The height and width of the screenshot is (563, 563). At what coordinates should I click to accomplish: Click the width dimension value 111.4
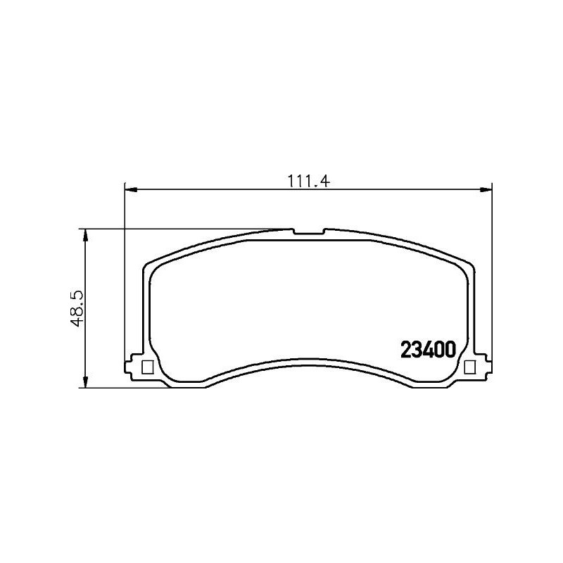308,180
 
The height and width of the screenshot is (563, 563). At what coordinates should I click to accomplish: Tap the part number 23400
429,350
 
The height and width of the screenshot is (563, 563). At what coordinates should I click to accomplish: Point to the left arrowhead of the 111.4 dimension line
130,189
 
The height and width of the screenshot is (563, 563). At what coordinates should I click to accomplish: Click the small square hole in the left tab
148,367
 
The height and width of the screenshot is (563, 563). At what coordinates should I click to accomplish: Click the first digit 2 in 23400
406,350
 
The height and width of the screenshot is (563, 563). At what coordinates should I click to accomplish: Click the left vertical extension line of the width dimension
125,281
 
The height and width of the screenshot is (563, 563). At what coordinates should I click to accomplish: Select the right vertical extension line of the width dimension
491,281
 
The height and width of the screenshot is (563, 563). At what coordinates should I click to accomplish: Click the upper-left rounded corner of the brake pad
151,265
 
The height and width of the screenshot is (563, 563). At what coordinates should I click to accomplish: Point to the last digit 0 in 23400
453,350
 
